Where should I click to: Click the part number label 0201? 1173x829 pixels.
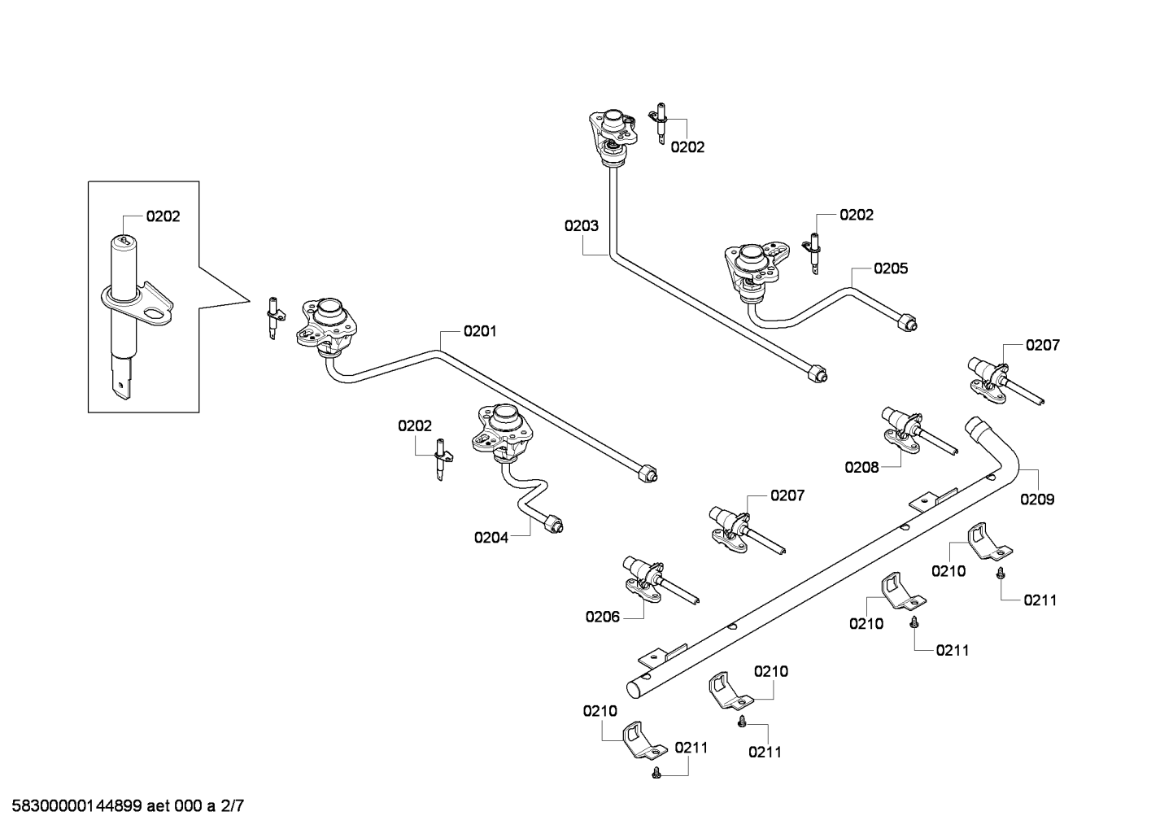(x=480, y=331)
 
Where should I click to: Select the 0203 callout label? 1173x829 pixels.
(x=582, y=225)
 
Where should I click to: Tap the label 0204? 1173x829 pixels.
(x=491, y=537)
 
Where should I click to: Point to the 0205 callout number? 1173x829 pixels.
(x=891, y=268)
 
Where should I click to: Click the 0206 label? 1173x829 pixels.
(x=602, y=617)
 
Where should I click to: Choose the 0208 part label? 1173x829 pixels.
(x=861, y=467)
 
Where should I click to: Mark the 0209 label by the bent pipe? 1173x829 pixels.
(x=1037, y=499)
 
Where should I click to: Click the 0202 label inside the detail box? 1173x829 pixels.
(x=163, y=216)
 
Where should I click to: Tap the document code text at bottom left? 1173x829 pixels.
(x=128, y=805)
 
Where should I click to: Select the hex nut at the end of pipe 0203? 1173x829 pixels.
(x=818, y=373)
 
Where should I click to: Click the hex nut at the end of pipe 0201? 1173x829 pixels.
(x=648, y=473)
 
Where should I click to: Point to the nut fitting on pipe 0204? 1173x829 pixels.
(x=553, y=523)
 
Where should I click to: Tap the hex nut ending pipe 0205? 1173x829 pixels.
(x=907, y=322)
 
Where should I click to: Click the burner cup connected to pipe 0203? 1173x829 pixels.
(x=613, y=137)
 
